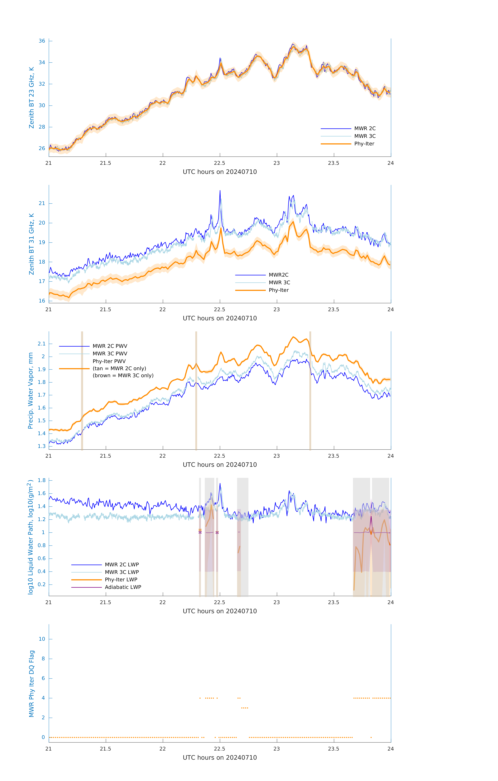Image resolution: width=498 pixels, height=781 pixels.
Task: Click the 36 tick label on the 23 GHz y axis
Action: pos(42,41)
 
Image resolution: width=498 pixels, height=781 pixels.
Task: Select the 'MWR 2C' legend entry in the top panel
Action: pos(365,128)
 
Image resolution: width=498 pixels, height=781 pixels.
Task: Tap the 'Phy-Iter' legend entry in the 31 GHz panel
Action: pos(278,290)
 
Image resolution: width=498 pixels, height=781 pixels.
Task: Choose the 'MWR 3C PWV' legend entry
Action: pos(110,354)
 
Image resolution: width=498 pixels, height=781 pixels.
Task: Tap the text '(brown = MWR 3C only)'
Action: pos(123,376)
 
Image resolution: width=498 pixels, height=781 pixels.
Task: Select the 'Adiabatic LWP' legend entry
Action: pos(123,587)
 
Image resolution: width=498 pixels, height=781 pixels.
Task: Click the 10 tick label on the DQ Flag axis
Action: pos(42,639)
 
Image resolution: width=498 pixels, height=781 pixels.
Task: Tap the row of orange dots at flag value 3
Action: pos(245,708)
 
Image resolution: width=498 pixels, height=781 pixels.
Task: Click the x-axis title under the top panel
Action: pos(220,172)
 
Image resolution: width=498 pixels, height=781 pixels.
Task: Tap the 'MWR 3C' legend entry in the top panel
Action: pos(365,136)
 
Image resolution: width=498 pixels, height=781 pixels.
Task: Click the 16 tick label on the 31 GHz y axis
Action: pos(42,301)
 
